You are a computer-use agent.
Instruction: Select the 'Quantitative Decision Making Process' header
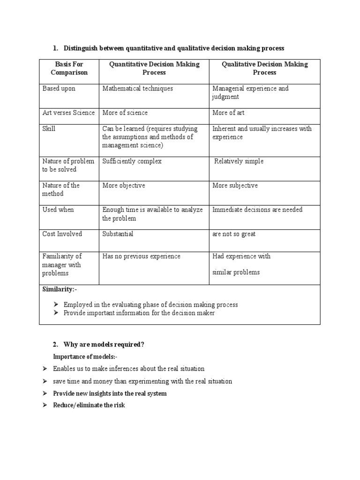[x=154, y=68]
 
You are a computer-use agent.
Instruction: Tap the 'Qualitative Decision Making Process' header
[x=264, y=68]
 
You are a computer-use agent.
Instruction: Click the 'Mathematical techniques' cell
[x=137, y=89]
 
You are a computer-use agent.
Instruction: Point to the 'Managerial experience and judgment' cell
[x=250, y=93]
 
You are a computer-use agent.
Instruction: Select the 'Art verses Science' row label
[x=68, y=113]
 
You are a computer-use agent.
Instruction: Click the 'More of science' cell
[x=125, y=113]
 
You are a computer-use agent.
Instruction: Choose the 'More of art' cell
[x=228, y=113]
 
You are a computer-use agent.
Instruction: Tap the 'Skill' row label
[x=49, y=129]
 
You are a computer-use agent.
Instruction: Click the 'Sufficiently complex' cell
[x=132, y=161]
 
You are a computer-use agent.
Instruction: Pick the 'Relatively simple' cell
[x=239, y=161]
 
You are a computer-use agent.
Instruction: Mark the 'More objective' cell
[x=124, y=186]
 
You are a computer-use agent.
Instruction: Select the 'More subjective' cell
[x=235, y=186]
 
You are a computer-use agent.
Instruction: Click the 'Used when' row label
[x=58, y=210]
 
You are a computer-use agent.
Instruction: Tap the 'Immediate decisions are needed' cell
[x=257, y=210]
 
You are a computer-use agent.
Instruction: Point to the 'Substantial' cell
[x=118, y=234]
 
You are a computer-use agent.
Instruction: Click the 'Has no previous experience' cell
[x=141, y=256]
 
